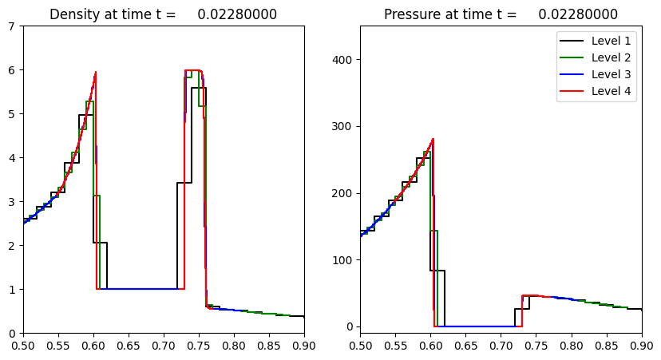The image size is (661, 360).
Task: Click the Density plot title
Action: pos(163,14)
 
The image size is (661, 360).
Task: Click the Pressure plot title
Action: pos(501,14)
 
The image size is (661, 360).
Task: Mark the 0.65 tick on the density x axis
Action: pos(129,346)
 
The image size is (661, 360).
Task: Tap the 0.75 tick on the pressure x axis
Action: pos(536,346)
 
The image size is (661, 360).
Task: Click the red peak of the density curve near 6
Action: pos(96,73)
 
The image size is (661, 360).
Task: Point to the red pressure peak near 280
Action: pos(433,139)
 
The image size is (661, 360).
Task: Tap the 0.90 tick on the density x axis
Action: pos(304,346)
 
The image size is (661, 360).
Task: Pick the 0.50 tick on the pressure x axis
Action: pos(360,346)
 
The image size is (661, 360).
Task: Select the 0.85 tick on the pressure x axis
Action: pos(606,346)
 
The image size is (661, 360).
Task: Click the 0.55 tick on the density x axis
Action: pos(58,346)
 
